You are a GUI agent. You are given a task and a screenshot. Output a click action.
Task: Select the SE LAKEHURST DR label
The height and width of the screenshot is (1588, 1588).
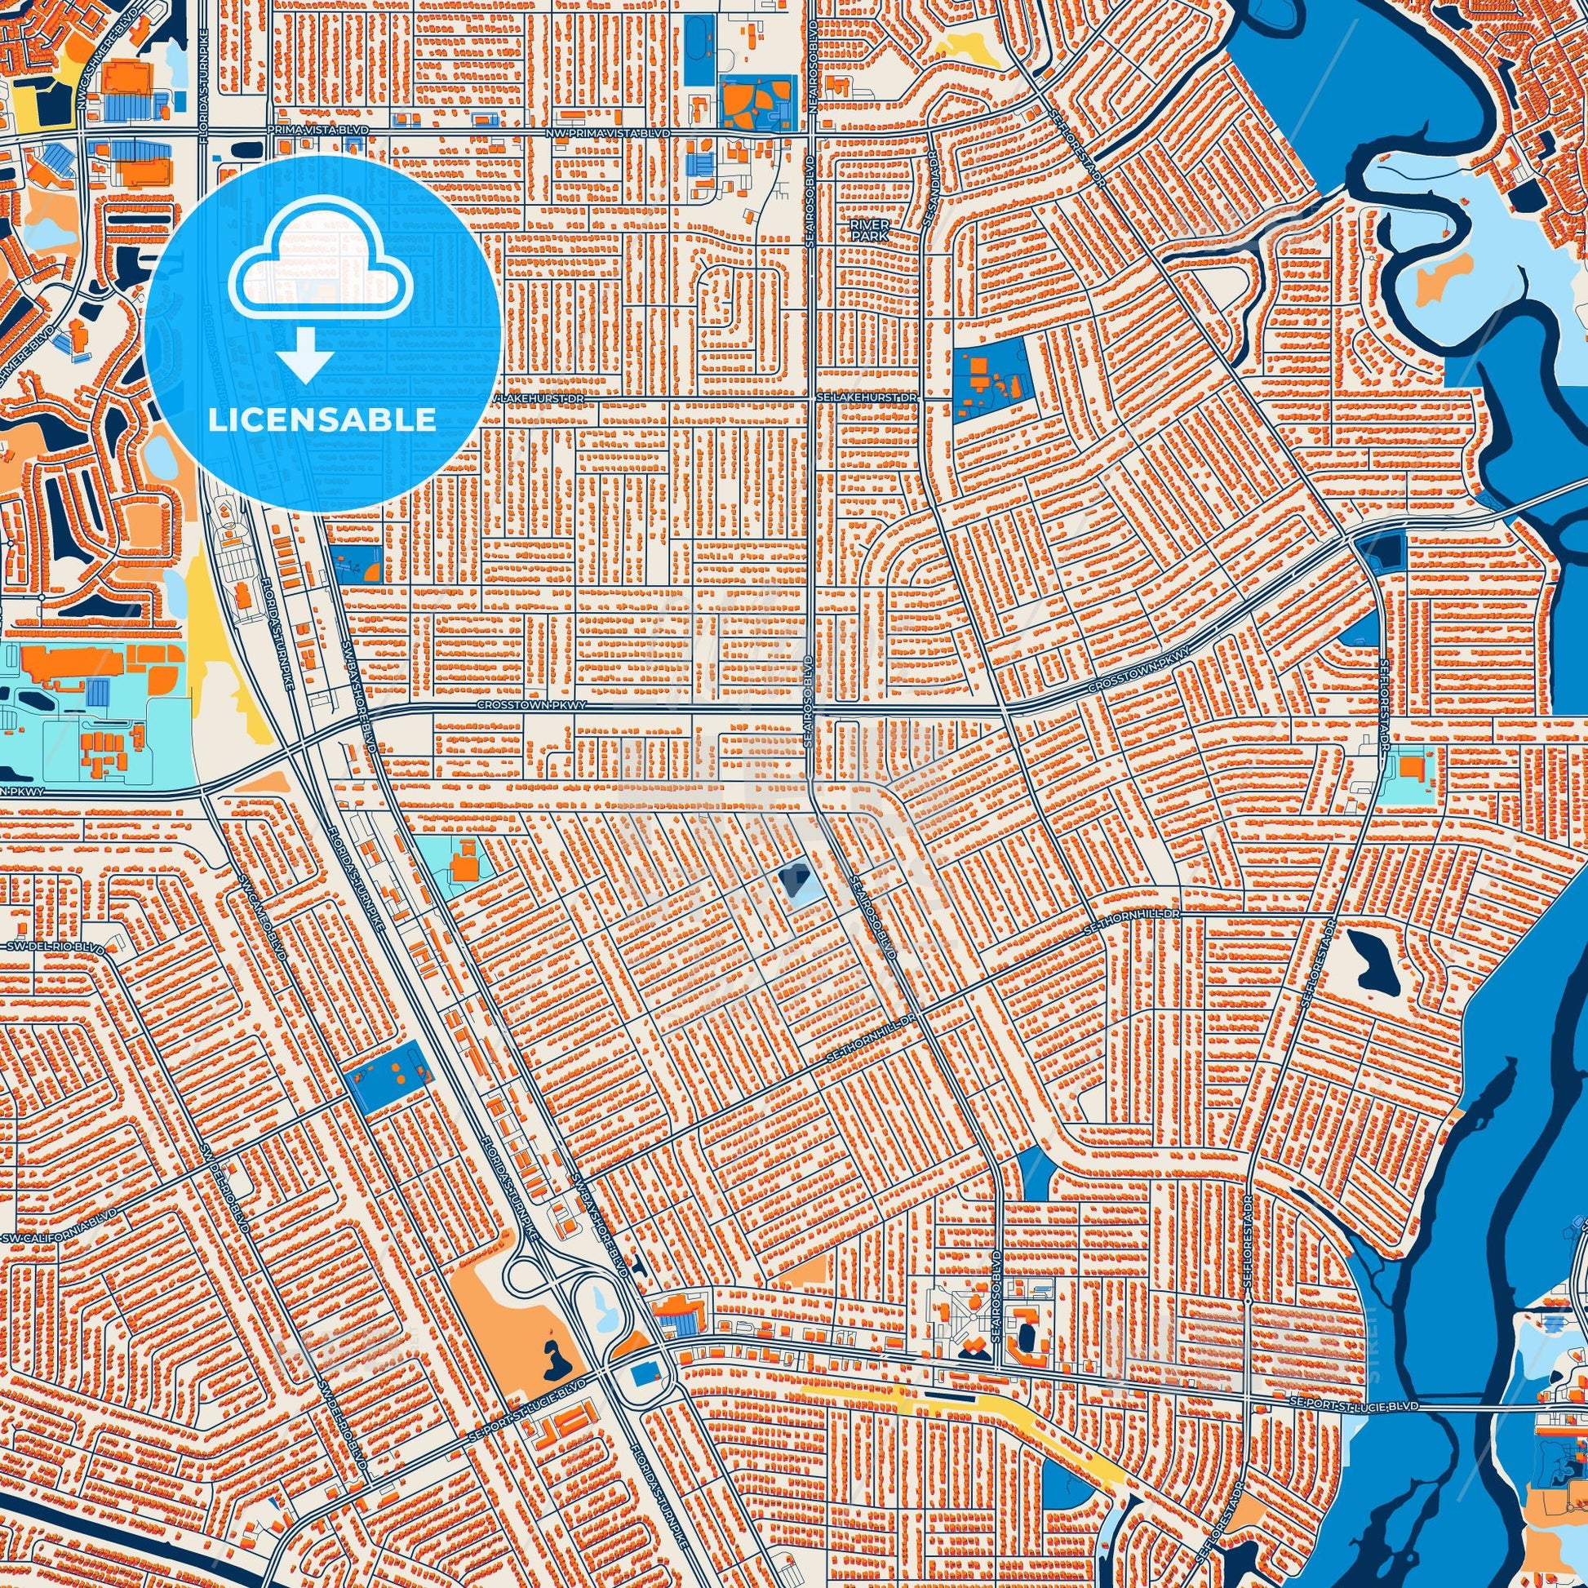(865, 397)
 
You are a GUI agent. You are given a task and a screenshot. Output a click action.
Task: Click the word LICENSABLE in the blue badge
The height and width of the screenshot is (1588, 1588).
(322, 420)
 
